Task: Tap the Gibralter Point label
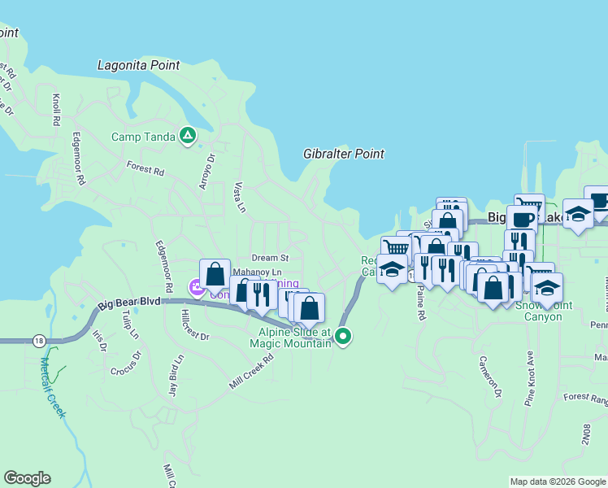[x=343, y=154]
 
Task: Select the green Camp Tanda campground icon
[x=188, y=135]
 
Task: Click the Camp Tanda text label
[x=143, y=137]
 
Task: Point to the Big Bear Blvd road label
[x=130, y=304]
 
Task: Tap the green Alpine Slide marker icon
[x=343, y=335]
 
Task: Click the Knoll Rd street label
[x=56, y=109]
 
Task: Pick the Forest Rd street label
[x=145, y=168]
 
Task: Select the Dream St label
[x=265, y=258]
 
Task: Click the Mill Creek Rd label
[x=251, y=370]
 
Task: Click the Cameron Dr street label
[x=490, y=377]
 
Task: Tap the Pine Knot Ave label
[x=529, y=377]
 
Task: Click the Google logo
[x=27, y=478]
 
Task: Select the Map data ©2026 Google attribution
[x=557, y=481]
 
